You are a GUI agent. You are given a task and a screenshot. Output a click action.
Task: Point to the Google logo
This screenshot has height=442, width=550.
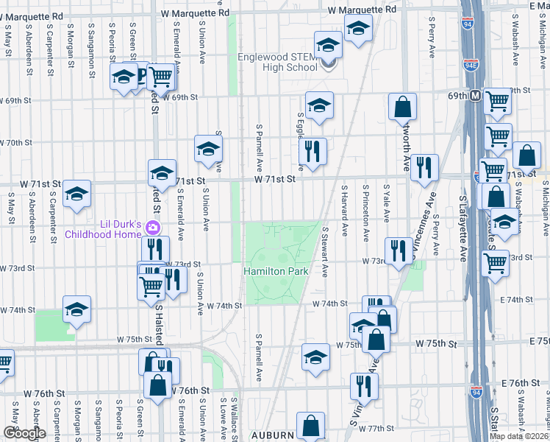pyautogui.click(x=24, y=433)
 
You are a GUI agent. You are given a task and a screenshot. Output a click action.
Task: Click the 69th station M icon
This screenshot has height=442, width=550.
pyautogui.click(x=476, y=96)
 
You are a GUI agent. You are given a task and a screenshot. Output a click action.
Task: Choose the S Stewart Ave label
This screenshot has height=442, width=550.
pyautogui.click(x=324, y=251)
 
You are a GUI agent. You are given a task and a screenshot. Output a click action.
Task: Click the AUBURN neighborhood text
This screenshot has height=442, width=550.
pyautogui.click(x=272, y=435)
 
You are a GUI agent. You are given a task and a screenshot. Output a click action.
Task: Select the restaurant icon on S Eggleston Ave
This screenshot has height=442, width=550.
pyautogui.click(x=313, y=152)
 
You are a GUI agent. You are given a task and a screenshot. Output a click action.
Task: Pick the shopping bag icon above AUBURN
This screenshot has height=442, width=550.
pyautogui.click(x=310, y=425)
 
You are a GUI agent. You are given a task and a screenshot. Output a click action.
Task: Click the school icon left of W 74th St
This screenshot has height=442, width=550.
pyautogui.click(x=76, y=311)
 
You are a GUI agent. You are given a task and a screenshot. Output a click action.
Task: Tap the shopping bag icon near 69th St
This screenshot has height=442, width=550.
pyautogui.click(x=403, y=106)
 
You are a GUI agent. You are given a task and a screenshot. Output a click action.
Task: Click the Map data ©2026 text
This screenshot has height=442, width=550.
pyautogui.click(x=519, y=436)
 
